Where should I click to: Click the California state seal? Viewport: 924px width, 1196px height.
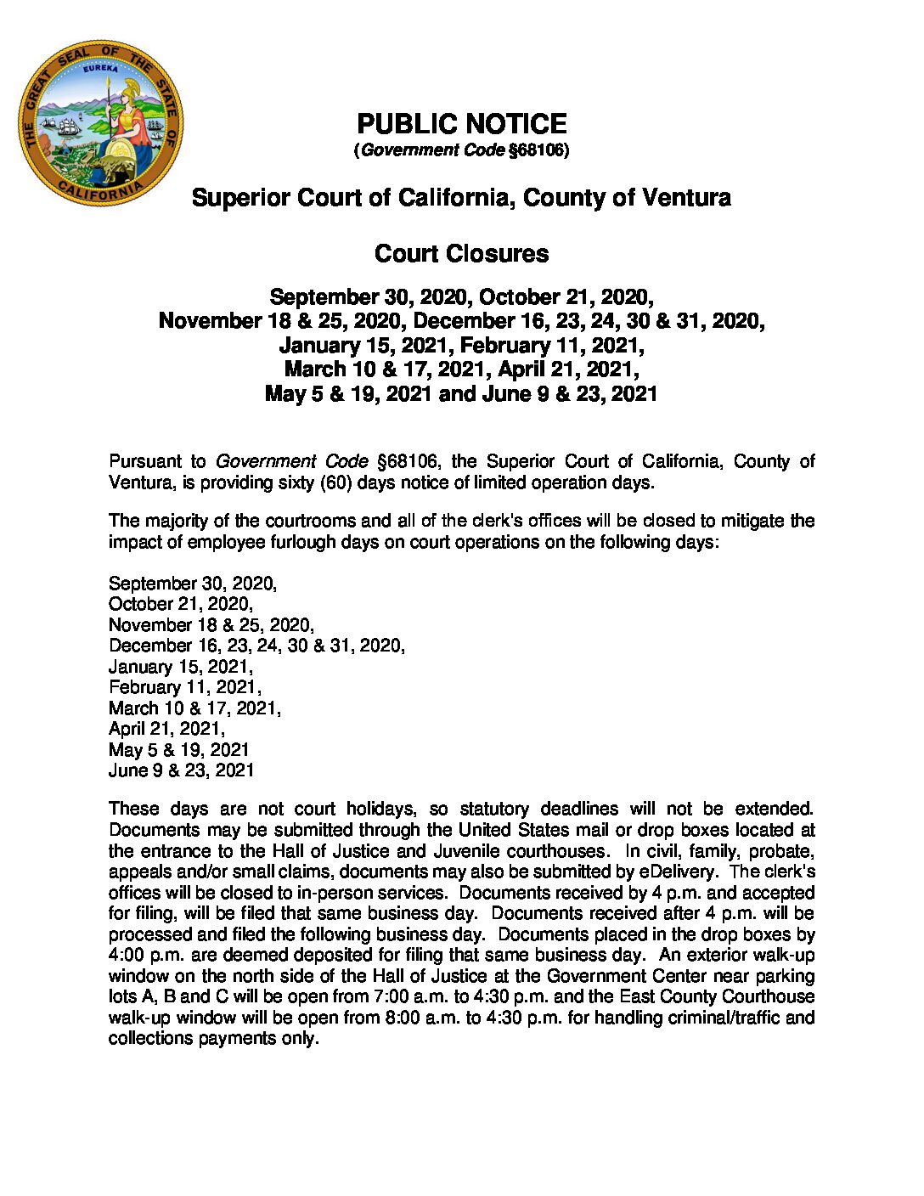tap(101, 121)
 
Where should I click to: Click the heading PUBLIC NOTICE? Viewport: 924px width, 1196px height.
tap(461, 124)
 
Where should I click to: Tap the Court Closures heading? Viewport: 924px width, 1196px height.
tap(461, 253)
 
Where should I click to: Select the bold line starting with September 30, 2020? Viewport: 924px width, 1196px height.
tap(461, 297)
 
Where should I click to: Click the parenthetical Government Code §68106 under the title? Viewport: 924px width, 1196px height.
tap(461, 150)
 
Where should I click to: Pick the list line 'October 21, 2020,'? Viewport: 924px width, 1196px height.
tap(181, 604)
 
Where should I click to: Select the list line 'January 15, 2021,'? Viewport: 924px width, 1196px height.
tap(181, 667)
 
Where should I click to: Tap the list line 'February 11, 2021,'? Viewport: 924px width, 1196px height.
tap(185, 687)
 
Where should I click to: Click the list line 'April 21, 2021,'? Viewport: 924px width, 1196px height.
tap(166, 729)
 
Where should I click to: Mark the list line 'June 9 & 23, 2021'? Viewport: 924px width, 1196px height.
tap(181, 770)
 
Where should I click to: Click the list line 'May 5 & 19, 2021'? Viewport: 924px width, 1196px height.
tap(179, 750)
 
